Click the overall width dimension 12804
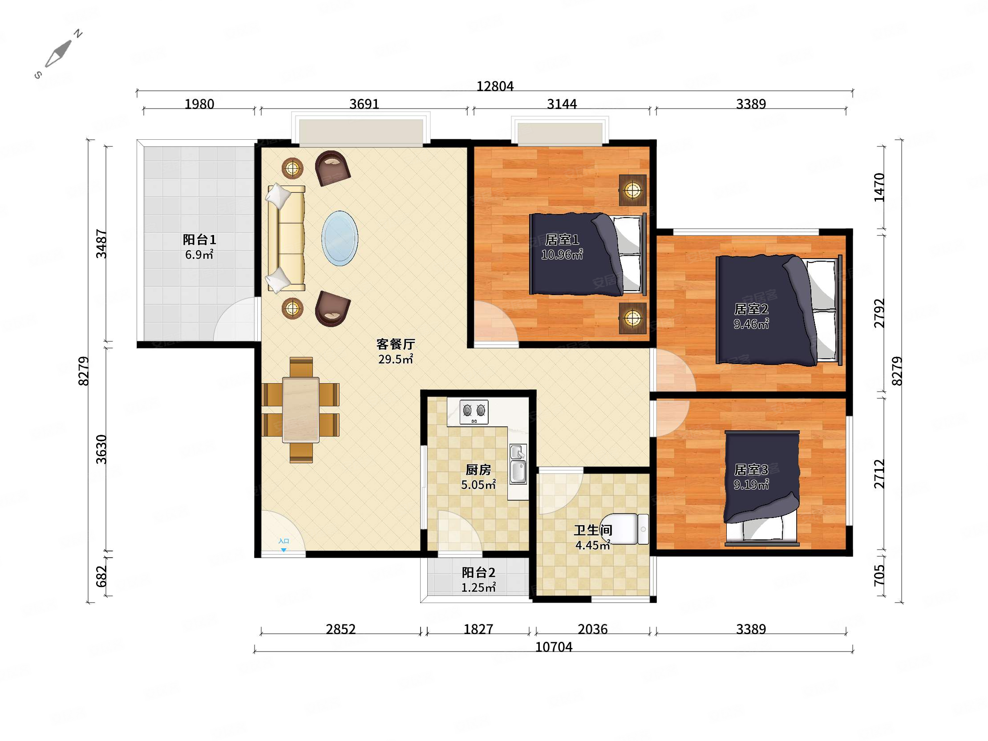click(495, 86)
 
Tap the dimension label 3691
click(364, 104)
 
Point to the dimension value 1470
click(879, 187)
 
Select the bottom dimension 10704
click(554, 647)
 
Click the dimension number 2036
click(592, 629)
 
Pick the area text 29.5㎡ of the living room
click(396, 359)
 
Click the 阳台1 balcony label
click(199, 240)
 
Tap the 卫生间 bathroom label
click(593, 530)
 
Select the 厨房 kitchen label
click(478, 470)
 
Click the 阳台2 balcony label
click(478, 573)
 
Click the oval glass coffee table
click(340, 239)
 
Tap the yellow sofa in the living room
click(286, 238)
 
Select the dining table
click(300, 410)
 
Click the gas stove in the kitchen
click(474, 412)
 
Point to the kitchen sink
click(518, 464)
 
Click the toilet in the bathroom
click(625, 529)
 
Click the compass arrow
click(58, 53)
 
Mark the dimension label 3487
click(102, 243)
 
